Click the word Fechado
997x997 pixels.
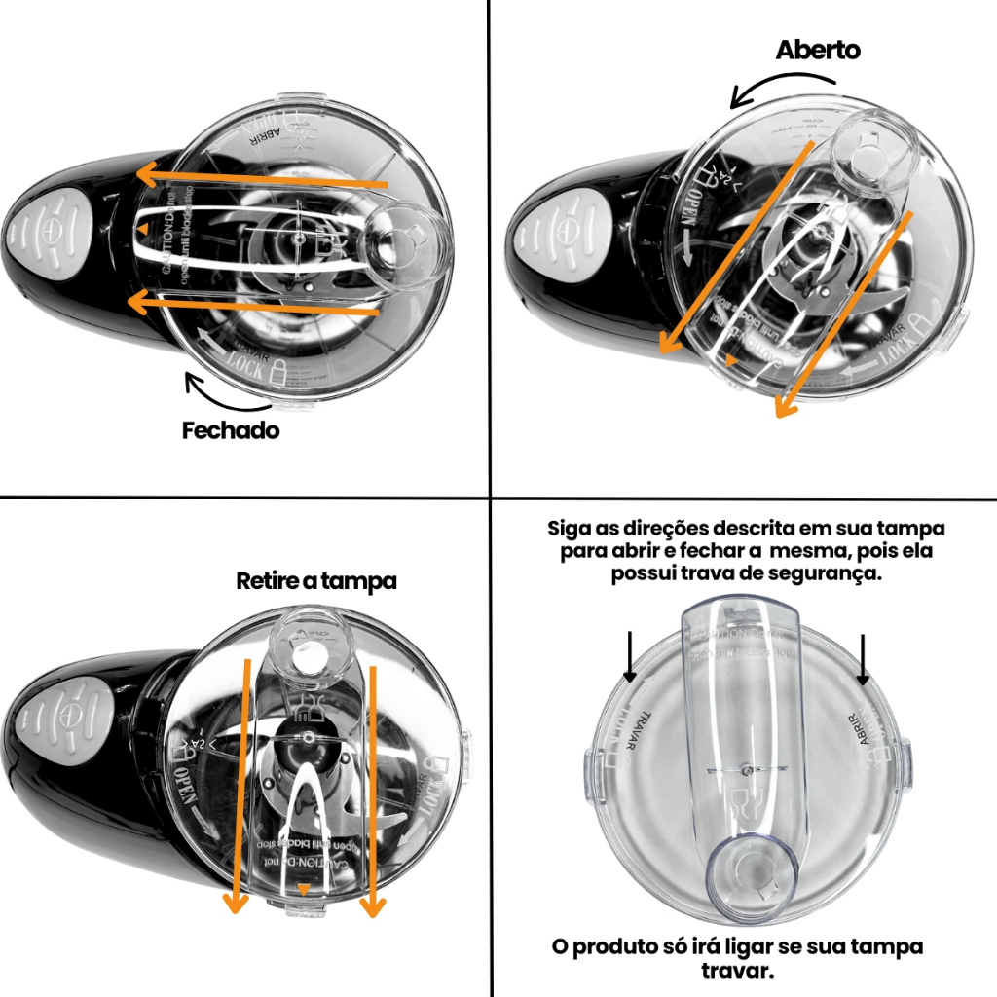coord(230,430)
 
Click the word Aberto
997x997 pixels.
coord(818,50)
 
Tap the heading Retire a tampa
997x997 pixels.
coord(316,581)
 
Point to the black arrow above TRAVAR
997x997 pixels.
coord(630,655)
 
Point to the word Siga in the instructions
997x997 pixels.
coord(571,529)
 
